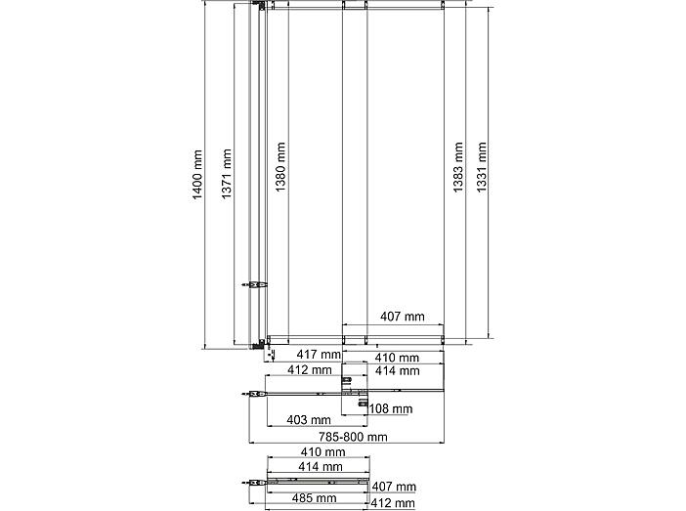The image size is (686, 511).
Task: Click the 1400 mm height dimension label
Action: pyautogui.click(x=197, y=175)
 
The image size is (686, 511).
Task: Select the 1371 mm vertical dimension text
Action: pyautogui.click(x=226, y=174)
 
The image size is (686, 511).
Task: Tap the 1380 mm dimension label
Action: pyautogui.click(x=280, y=167)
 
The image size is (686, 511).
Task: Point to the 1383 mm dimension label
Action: pyautogui.click(x=458, y=167)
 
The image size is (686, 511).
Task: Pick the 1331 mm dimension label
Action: pyautogui.click(x=481, y=167)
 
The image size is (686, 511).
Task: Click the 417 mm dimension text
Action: pyautogui.click(x=319, y=354)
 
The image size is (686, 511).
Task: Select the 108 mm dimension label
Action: pyautogui.click(x=391, y=409)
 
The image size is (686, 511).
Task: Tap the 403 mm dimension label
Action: pyautogui.click(x=309, y=420)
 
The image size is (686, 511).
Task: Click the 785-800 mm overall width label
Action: pyautogui.click(x=353, y=437)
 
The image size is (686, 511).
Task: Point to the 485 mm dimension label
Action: pyautogui.click(x=314, y=498)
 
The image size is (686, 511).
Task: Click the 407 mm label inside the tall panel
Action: pyautogui.click(x=402, y=317)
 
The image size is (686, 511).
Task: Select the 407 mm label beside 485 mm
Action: pyautogui.click(x=394, y=487)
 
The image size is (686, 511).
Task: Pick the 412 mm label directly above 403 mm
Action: pyautogui.click(x=310, y=370)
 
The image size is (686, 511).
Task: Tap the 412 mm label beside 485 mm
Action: pyautogui.click(x=393, y=503)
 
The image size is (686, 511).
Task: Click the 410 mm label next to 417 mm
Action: pyautogui.click(x=397, y=358)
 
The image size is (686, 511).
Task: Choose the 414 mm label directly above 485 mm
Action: pyautogui.click(x=321, y=467)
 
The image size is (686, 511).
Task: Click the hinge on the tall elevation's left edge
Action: pyautogui.click(x=255, y=285)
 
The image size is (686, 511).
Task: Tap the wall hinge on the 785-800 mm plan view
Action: pyautogui.click(x=254, y=394)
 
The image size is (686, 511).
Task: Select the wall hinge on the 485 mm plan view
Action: pyautogui.click(x=254, y=483)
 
